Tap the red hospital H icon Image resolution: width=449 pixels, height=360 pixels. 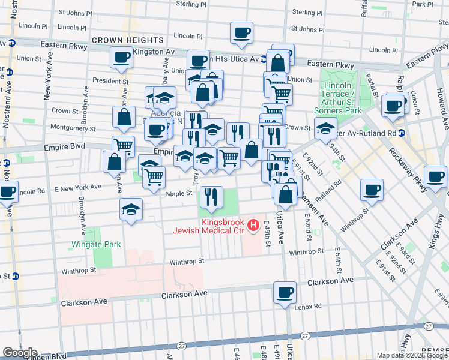(253, 226)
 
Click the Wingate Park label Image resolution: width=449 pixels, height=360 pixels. (96, 244)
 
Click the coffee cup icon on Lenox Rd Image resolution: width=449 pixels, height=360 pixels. (285, 292)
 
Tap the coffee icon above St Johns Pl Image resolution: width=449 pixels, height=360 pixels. (241, 32)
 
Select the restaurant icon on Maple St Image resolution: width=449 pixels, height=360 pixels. (211, 196)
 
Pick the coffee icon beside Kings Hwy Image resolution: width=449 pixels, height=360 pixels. (435, 176)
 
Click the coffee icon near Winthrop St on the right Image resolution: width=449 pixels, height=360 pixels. (372, 190)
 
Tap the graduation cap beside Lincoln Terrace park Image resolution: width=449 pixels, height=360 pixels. (325, 128)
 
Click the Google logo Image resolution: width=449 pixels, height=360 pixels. (20, 353)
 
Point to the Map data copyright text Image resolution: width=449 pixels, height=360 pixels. (412, 355)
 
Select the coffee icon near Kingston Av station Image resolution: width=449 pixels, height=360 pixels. (121, 58)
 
